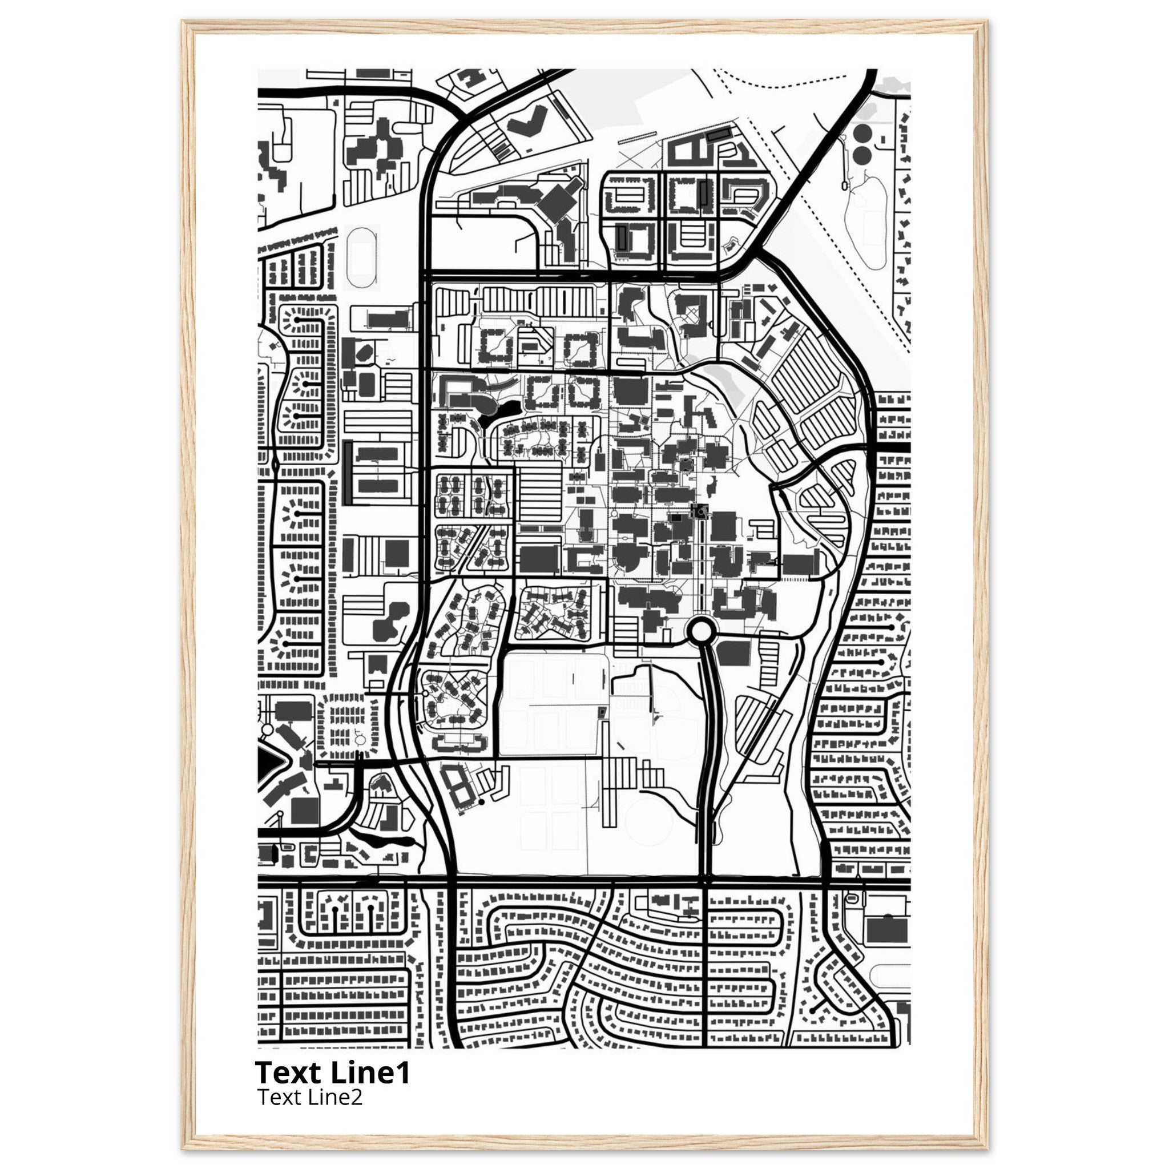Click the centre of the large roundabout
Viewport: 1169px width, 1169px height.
click(x=702, y=632)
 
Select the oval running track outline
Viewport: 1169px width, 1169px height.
click(x=362, y=259)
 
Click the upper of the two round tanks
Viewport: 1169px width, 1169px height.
click(x=861, y=132)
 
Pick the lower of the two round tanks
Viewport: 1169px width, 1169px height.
click(x=861, y=155)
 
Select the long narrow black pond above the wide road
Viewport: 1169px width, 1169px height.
click(x=383, y=839)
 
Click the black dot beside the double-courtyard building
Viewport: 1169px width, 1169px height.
click(x=481, y=802)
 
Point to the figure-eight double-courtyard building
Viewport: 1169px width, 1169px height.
click(x=457, y=785)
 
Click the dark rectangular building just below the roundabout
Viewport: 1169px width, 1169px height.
click(x=733, y=654)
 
